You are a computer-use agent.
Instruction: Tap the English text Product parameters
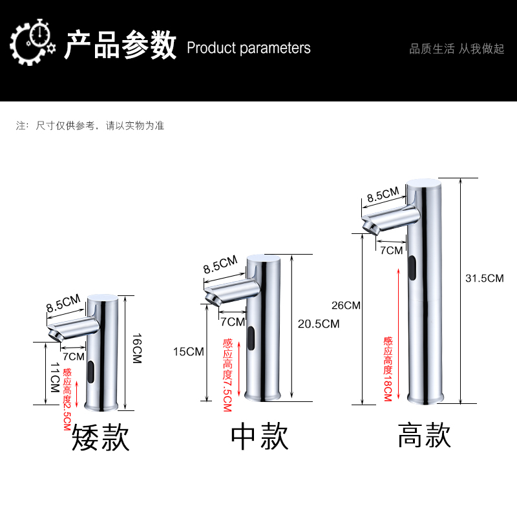click(x=249, y=48)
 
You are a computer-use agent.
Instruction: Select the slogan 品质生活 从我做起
click(x=457, y=49)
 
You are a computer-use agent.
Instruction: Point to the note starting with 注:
click(x=90, y=125)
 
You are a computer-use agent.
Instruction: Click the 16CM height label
click(x=136, y=348)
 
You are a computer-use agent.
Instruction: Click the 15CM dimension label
click(x=189, y=352)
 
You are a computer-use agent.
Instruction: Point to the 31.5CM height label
click(x=484, y=279)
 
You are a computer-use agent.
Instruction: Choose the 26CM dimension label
click(x=345, y=305)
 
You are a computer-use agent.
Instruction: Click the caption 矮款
click(x=101, y=438)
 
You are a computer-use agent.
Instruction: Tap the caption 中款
click(x=260, y=438)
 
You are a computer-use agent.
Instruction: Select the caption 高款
click(x=424, y=435)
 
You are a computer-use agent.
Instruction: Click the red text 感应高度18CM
click(x=387, y=368)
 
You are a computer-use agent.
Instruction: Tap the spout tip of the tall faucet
click(x=371, y=227)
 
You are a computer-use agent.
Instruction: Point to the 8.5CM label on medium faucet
click(x=220, y=265)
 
